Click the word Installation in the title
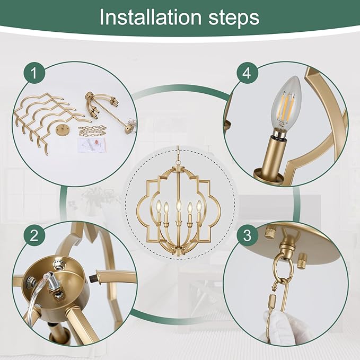(150, 17)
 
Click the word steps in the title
(234, 19)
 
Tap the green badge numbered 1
(34, 73)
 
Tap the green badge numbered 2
(34, 235)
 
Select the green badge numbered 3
(247, 235)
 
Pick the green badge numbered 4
(247, 73)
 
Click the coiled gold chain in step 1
(92, 131)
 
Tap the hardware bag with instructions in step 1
(92, 145)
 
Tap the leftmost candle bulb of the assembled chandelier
(158, 205)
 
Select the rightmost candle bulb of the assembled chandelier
(199, 206)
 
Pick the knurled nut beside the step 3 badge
(270, 233)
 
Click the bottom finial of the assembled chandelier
(178, 253)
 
